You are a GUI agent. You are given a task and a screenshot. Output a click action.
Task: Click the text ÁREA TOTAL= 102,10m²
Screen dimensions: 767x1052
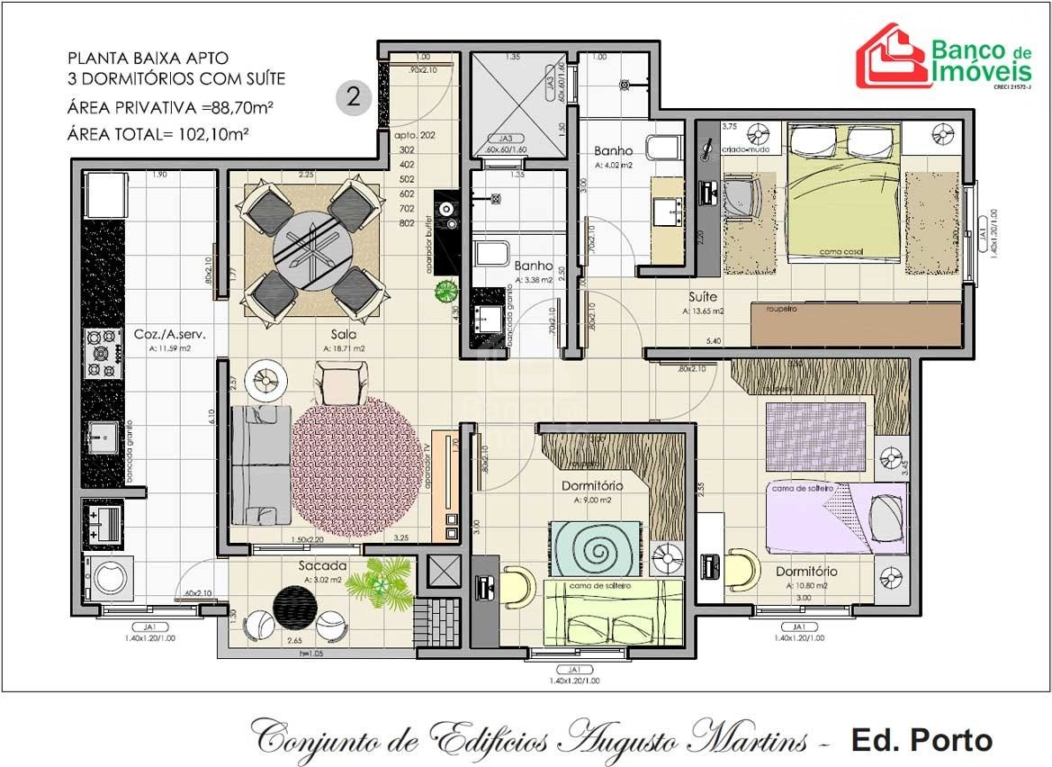157,135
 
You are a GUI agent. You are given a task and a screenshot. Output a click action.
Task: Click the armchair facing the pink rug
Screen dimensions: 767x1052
340,382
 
